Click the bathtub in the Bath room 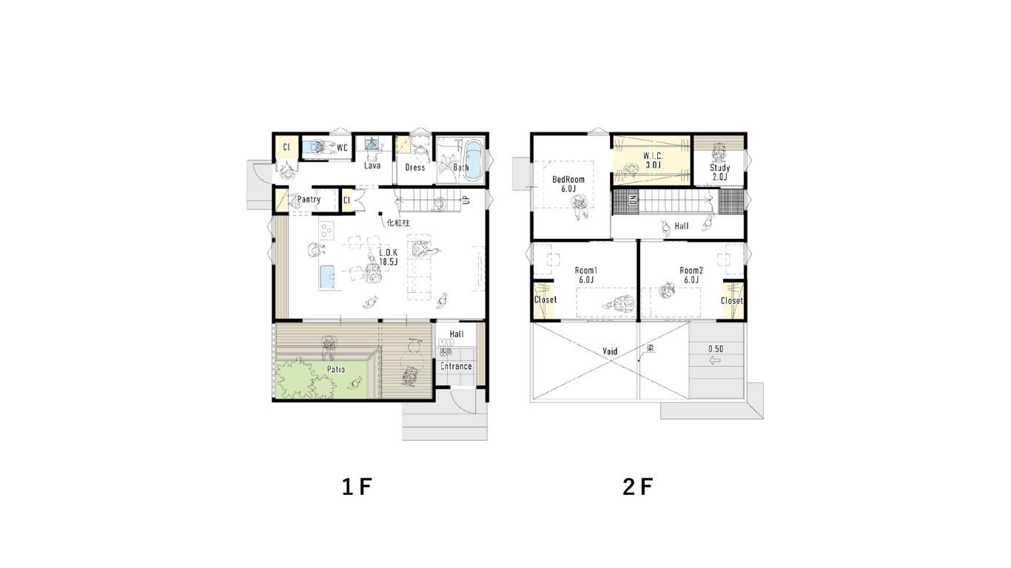[474, 160]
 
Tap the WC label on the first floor [342, 147]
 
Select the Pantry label [309, 199]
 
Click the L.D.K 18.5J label [388, 257]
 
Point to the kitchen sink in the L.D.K [327, 277]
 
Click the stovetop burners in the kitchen [326, 231]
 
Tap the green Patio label [336, 370]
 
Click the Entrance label [456, 366]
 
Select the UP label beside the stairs [466, 200]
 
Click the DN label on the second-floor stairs [634, 200]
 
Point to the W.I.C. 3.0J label [653, 160]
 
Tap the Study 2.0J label [719, 172]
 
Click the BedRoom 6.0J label [568, 184]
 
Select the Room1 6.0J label [586, 275]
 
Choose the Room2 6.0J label [691, 275]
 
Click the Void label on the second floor [610, 351]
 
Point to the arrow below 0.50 [715, 360]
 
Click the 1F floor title [357, 487]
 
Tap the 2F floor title [637, 487]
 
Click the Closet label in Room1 [545, 300]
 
